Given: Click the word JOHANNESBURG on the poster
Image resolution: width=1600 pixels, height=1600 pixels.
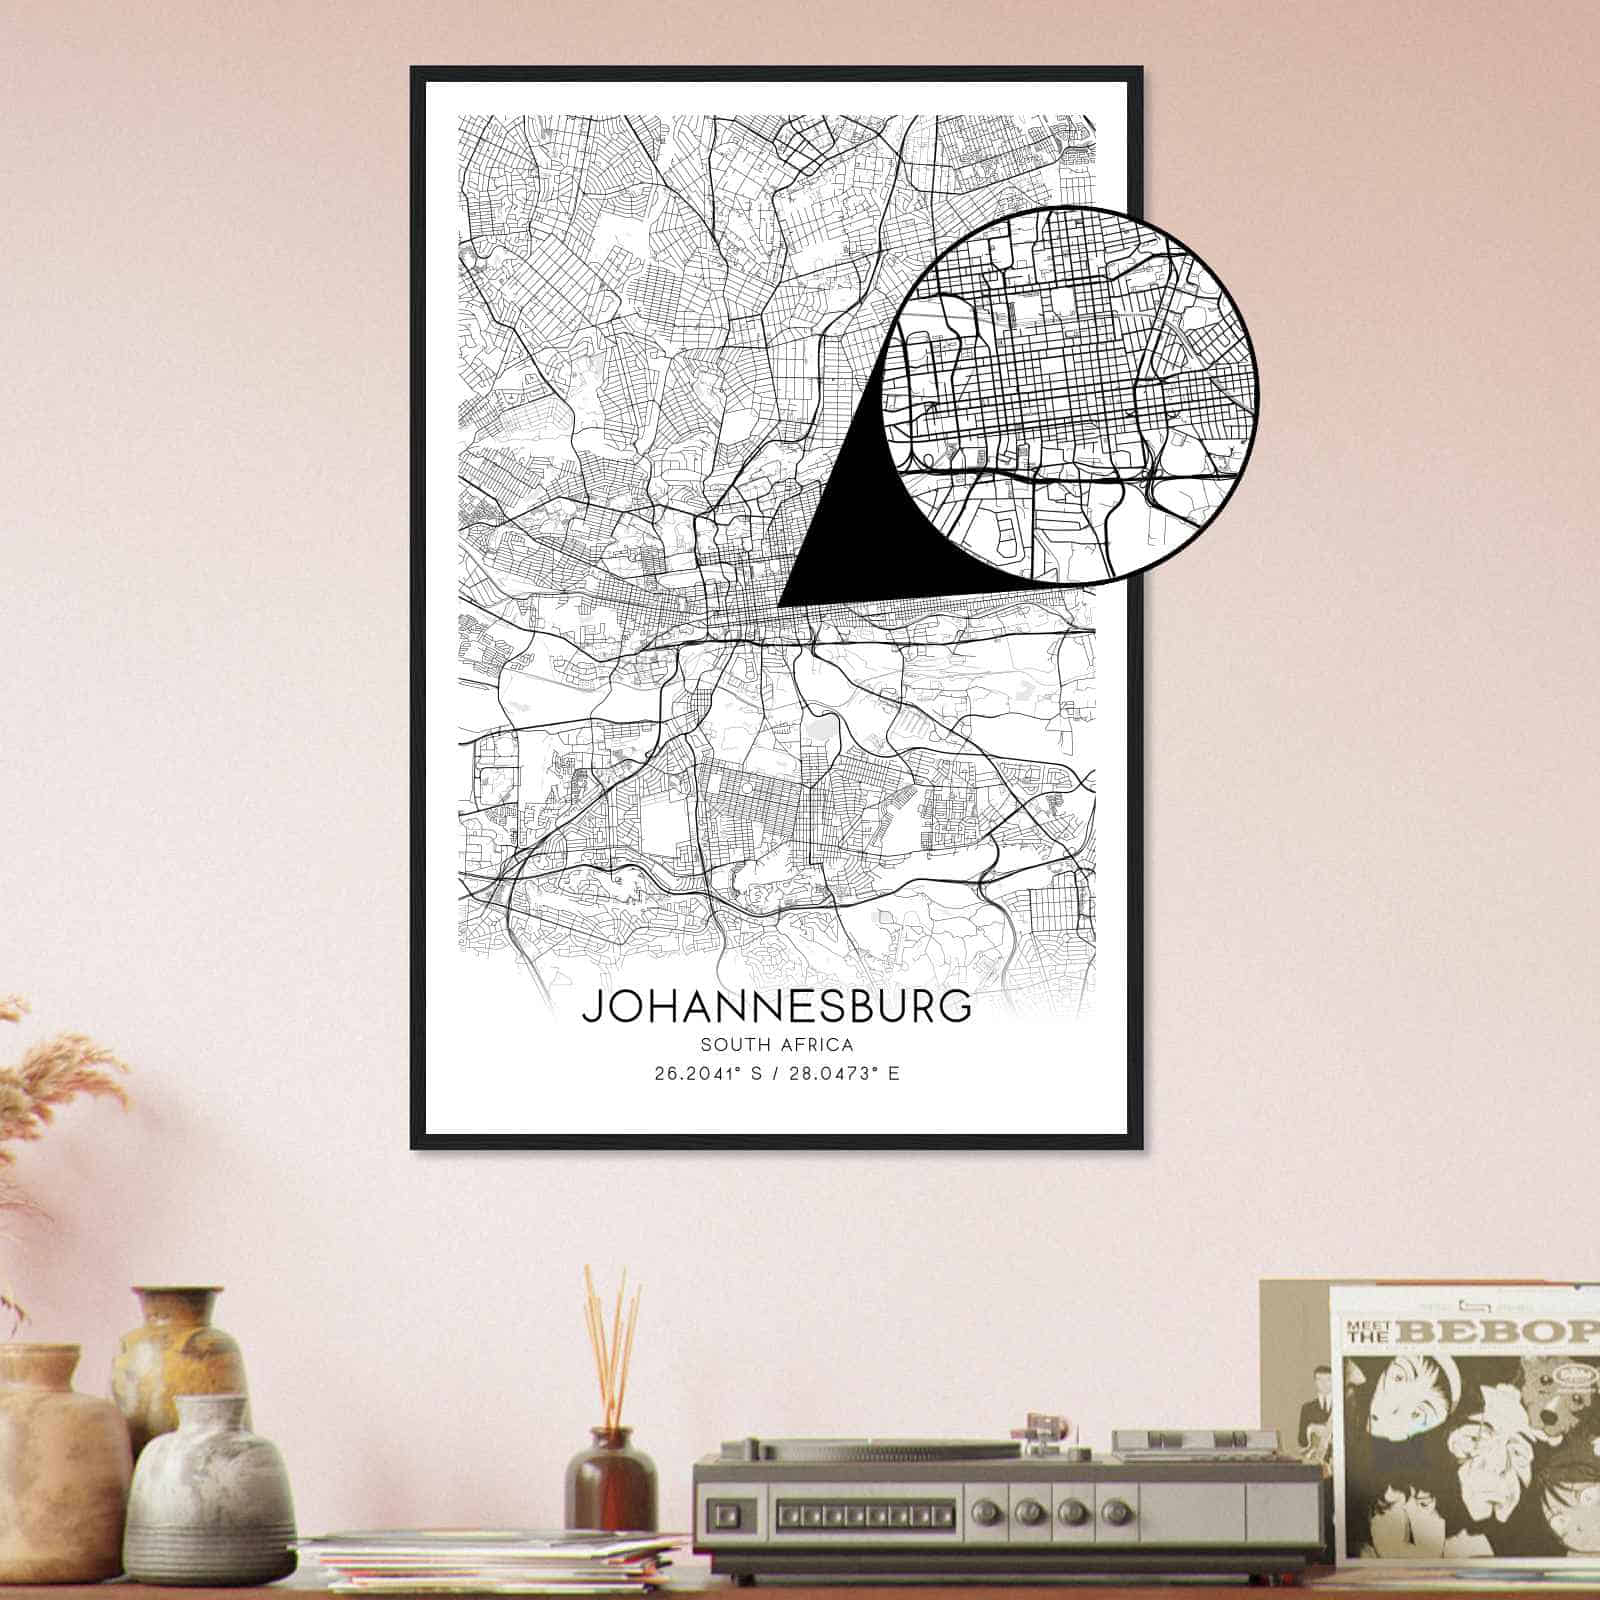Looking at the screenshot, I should pos(776,1006).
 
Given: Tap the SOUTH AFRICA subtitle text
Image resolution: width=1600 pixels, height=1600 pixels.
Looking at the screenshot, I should pos(776,1046).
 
